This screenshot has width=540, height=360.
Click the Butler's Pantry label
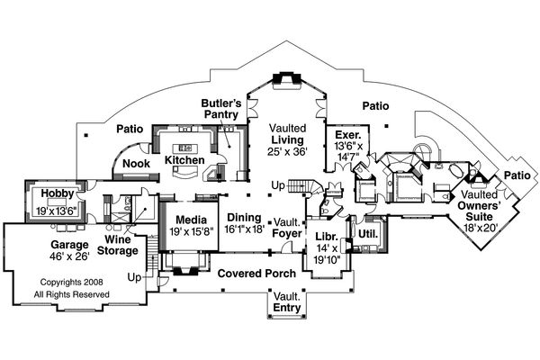[x=220, y=109]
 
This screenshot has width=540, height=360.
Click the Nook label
[x=137, y=164]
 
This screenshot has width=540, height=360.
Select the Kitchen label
[x=184, y=160]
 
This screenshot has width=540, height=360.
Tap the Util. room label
[x=366, y=233]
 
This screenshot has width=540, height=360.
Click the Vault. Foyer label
[x=288, y=227]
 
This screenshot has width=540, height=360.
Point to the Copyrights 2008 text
[x=65, y=282]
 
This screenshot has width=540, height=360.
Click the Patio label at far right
[x=517, y=175]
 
